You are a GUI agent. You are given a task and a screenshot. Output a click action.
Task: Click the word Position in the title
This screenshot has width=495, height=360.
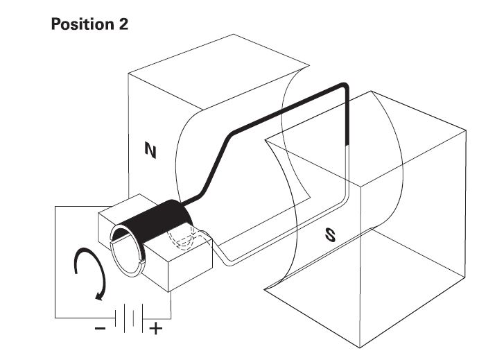(x=82, y=24)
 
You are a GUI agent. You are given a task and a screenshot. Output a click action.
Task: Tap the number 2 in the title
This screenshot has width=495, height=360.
(x=122, y=24)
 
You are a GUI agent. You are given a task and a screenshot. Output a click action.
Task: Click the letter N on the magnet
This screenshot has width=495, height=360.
(x=149, y=150)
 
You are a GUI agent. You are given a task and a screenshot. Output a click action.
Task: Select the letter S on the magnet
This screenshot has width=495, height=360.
(x=330, y=235)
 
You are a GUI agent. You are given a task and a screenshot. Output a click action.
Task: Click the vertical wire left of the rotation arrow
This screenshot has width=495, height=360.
(x=56, y=264)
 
